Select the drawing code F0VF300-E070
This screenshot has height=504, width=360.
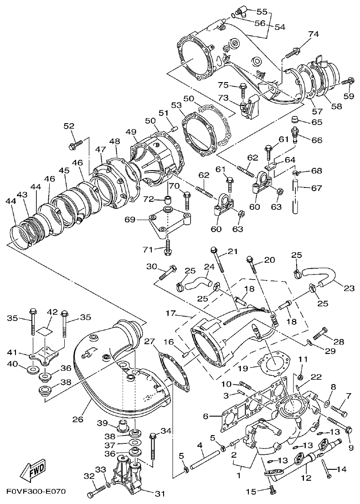click(x=36, y=492)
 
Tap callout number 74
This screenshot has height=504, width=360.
click(x=313, y=34)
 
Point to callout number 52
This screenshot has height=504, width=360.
click(x=69, y=126)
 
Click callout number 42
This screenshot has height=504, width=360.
click(x=52, y=312)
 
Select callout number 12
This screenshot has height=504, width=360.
click(x=306, y=478)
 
